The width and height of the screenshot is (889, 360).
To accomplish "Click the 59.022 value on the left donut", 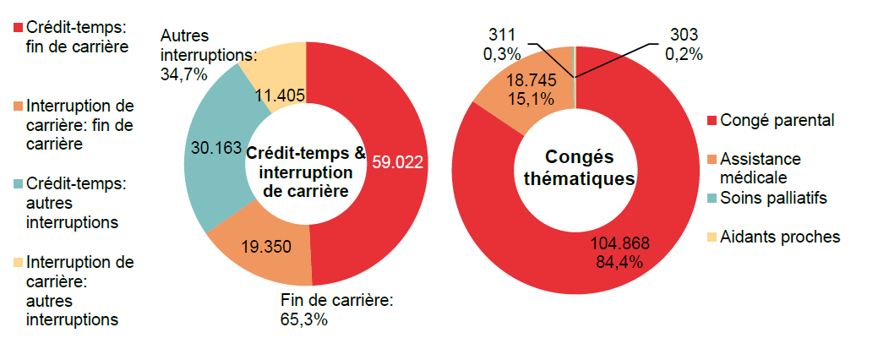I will click(x=397, y=161).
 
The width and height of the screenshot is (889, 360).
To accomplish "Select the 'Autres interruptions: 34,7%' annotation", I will click(x=208, y=55).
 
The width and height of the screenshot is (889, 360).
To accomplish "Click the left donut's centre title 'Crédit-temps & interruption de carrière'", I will click(x=305, y=172).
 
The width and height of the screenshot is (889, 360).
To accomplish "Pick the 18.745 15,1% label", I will click(x=530, y=90).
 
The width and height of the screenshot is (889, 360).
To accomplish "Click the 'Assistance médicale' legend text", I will click(x=760, y=168).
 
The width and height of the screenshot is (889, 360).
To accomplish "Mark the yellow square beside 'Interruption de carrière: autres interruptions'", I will click(x=18, y=262).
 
